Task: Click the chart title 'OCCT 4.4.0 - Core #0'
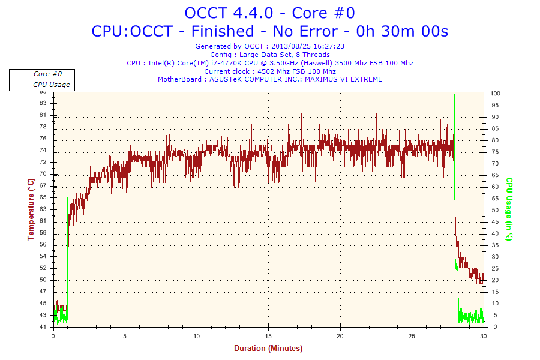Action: point(270,13)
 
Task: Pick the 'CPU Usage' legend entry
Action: point(51,85)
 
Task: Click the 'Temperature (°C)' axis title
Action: point(31,209)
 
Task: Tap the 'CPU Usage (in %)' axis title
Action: point(509,209)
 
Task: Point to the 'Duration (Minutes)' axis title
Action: point(268,349)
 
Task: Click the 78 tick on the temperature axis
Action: point(43,127)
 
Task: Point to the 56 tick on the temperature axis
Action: point(43,244)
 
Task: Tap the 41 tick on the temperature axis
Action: point(43,327)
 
